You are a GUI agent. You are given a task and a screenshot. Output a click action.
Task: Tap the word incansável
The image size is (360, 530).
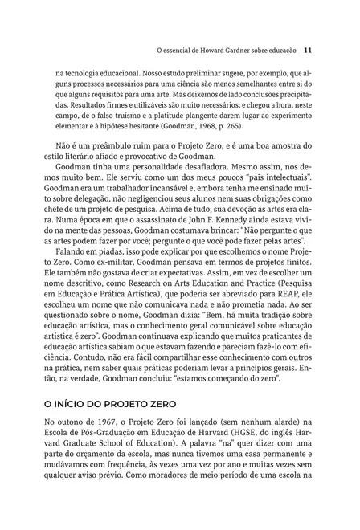(x=159, y=195)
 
